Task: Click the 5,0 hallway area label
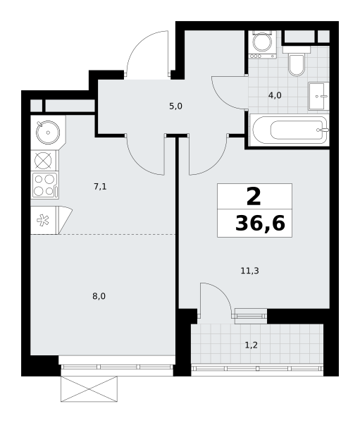tap(176, 106)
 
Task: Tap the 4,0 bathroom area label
tap(275, 95)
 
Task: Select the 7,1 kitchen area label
tap(100, 186)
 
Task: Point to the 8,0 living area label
tap(99, 297)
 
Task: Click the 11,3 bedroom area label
tap(249, 271)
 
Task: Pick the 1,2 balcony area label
tap(252, 345)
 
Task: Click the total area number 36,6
tap(260, 223)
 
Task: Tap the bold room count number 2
tap(254, 197)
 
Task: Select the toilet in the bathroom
tap(297, 61)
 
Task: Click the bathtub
tap(290, 130)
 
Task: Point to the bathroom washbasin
tap(318, 96)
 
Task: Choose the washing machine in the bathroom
tap(263, 44)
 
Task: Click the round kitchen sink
tap(48, 133)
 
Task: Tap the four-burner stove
tap(45, 185)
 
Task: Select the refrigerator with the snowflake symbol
tap(51, 220)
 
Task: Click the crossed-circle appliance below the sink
tap(43, 161)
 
